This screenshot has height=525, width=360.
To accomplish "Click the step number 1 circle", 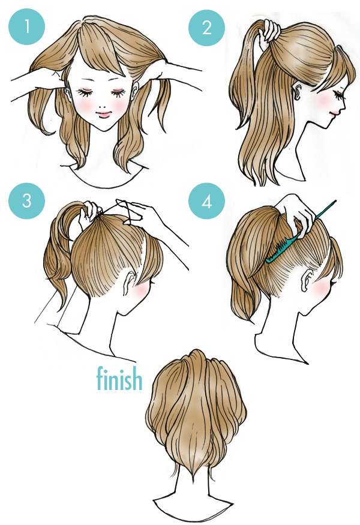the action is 26,26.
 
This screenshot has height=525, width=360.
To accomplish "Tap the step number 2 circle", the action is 206,27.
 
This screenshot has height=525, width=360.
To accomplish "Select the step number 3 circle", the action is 26,200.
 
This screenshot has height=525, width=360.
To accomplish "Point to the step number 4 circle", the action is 206,201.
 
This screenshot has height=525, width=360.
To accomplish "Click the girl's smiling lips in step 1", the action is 103,115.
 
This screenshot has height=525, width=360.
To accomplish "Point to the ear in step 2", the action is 298,91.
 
